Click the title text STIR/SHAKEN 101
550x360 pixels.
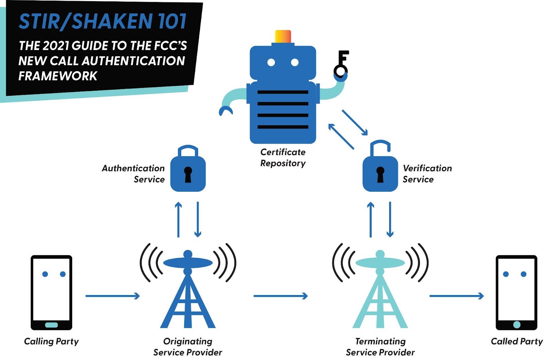102,21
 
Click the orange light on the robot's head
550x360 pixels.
283,36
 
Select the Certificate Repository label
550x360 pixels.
283,158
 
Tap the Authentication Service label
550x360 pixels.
133,174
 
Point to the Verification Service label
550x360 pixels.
427,174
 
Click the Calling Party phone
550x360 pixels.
52,292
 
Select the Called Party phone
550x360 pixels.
516,292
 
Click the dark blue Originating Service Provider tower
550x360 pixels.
188,295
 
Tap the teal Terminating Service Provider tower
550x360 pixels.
380,295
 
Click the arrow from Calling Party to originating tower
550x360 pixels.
112,296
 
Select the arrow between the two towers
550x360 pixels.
280,296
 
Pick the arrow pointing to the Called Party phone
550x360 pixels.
456,296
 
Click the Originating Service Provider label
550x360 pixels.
188,347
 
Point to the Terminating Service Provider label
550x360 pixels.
380,347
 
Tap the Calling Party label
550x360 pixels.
52,341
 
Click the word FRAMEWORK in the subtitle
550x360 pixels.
58,76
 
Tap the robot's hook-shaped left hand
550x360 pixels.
226,111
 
